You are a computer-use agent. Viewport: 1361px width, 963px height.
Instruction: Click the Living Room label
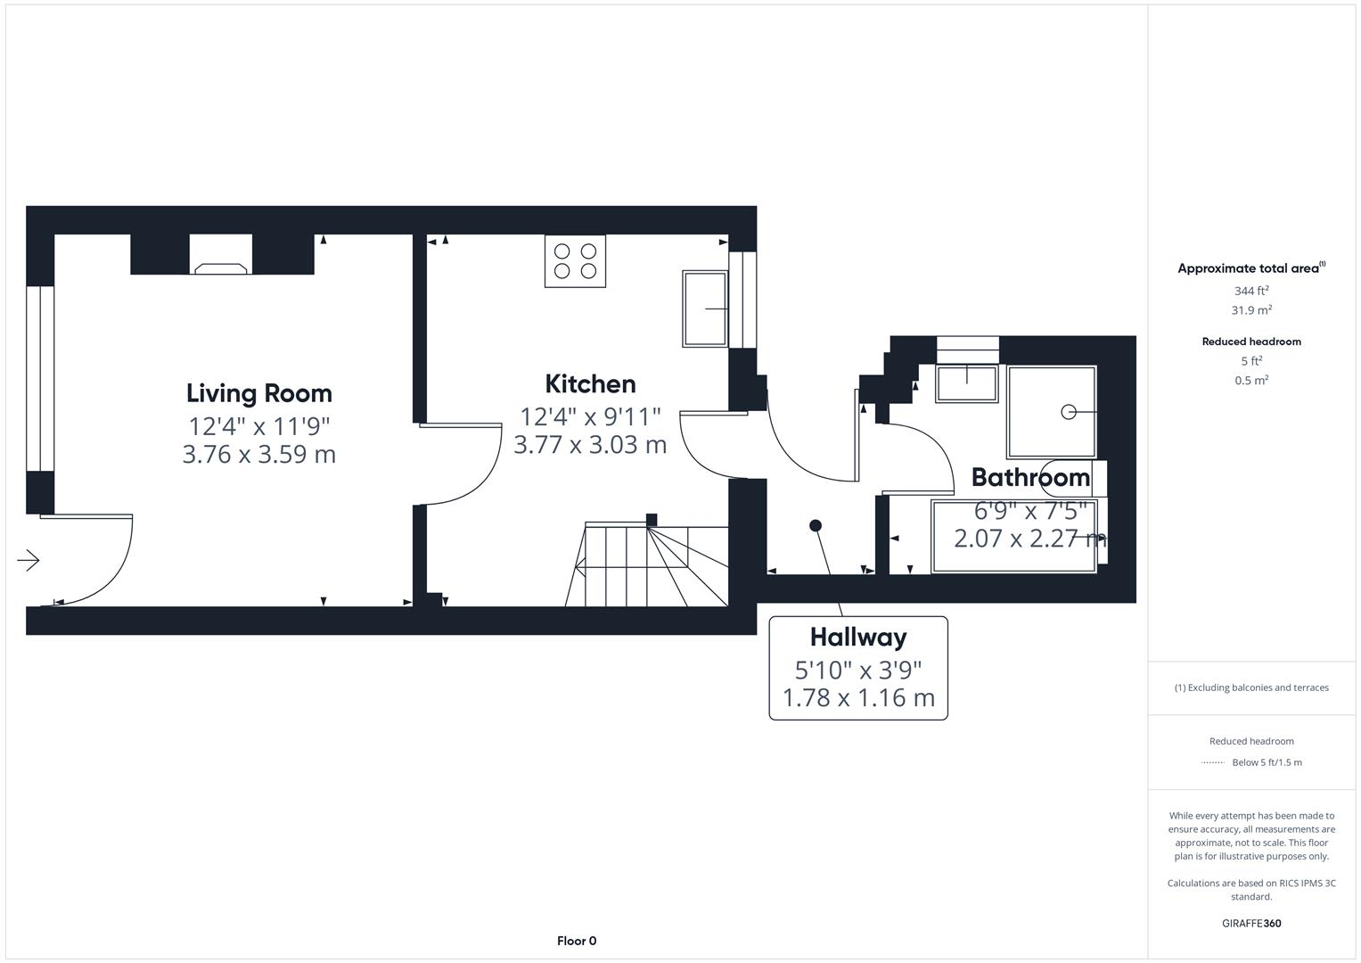(258, 393)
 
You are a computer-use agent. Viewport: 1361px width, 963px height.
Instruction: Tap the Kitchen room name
(590, 384)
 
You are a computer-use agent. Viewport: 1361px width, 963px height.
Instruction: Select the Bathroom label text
(1030, 478)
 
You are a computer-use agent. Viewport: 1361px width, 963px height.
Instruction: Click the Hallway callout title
(857, 638)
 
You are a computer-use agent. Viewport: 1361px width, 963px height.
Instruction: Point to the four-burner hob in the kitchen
(575, 261)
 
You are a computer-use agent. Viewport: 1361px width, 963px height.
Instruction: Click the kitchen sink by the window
(705, 309)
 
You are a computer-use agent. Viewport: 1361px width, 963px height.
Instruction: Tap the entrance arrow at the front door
(29, 561)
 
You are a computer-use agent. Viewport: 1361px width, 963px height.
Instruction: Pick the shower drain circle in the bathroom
(1068, 412)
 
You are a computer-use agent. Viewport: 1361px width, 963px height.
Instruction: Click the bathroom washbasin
(966, 383)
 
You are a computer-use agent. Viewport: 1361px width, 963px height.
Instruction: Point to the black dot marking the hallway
(815, 526)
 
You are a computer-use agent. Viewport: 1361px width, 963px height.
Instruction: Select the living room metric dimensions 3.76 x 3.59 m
(258, 455)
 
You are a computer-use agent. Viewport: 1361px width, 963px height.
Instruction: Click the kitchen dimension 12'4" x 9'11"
(590, 416)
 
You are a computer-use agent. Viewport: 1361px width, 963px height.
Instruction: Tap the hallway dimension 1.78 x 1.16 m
(857, 698)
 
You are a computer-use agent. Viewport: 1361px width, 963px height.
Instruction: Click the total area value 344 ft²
(1250, 291)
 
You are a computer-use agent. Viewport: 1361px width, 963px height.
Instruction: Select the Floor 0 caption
(576, 941)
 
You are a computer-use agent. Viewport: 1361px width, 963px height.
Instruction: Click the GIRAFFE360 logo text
(1250, 924)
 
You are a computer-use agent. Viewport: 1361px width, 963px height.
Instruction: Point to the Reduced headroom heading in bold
(1250, 342)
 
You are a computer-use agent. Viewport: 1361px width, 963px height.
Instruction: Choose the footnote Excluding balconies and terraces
(1250, 687)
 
